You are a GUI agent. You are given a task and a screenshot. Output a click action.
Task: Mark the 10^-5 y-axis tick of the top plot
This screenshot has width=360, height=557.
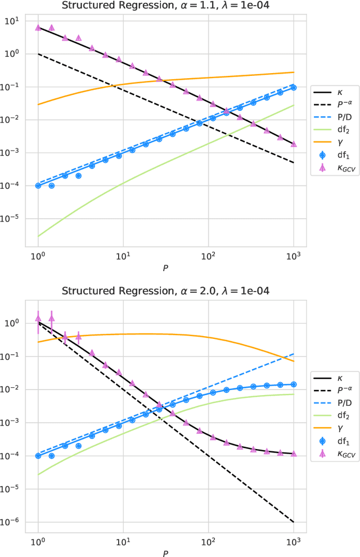[x=11, y=219]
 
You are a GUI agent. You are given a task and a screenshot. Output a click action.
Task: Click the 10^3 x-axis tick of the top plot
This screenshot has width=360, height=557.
[x=294, y=254]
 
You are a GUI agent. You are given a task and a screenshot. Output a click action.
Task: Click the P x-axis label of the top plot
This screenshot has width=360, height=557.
[x=166, y=268]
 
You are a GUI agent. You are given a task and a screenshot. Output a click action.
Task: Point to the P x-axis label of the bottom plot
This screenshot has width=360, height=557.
[x=166, y=553]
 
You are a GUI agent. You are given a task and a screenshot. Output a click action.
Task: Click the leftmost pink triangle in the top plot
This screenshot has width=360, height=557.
[x=38, y=27]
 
